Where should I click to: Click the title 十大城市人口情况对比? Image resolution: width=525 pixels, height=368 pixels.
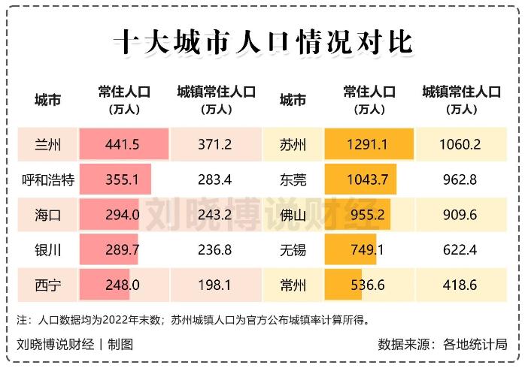[x=262, y=41]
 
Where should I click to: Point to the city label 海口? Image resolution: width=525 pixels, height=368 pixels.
[x=47, y=215]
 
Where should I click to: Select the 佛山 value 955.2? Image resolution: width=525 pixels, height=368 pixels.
[x=369, y=215]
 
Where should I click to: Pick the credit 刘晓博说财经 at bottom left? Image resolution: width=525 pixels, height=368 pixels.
[x=56, y=345]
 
